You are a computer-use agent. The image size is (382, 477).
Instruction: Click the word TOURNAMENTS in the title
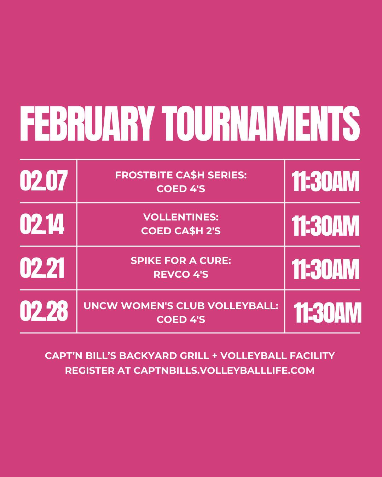[262, 124]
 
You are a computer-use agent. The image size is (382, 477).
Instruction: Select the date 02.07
[44, 181]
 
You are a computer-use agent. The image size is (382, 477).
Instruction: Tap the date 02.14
[42, 225]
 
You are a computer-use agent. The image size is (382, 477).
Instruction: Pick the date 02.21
[42, 268]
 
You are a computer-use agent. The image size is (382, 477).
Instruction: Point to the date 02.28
[44, 312]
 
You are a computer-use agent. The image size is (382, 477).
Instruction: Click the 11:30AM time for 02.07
[325, 182]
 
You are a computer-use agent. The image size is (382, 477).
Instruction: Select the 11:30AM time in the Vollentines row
[325, 226]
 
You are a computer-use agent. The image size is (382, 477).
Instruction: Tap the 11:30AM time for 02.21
[325, 269]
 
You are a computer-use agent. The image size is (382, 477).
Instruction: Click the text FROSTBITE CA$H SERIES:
[181, 175]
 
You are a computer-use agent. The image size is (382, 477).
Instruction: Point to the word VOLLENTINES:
[181, 217]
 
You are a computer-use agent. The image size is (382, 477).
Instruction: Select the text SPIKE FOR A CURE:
[181, 261]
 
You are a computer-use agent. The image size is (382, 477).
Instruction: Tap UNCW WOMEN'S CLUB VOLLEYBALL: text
[181, 306]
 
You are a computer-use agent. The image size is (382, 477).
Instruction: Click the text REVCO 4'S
[181, 275]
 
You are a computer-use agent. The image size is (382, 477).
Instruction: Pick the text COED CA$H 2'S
[181, 231]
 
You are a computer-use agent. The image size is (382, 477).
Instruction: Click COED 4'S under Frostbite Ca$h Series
[181, 189]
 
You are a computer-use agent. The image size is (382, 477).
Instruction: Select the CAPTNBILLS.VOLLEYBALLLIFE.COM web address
[224, 371]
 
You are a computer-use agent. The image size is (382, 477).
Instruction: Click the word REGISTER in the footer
[90, 371]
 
